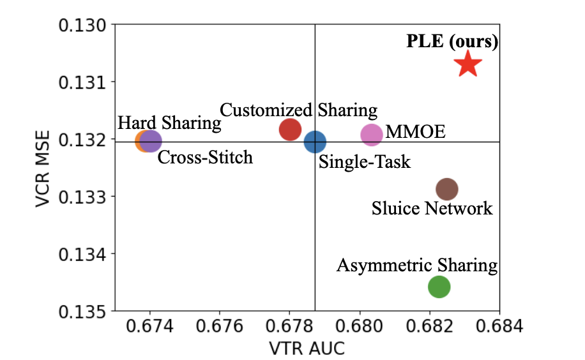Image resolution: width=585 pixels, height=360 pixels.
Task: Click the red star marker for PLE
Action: click(x=467, y=64)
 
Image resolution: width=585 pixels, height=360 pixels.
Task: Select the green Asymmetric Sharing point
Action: click(x=439, y=287)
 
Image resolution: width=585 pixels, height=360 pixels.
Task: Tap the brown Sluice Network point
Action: click(x=447, y=189)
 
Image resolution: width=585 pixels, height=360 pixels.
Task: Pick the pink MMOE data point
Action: click(x=372, y=134)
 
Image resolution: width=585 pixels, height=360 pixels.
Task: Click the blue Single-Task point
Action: click(x=315, y=142)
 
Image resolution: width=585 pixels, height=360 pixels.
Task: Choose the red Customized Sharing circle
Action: click(x=290, y=129)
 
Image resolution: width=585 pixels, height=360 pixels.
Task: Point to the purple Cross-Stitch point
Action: click(x=151, y=140)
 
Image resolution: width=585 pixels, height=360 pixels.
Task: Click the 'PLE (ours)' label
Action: click(x=452, y=42)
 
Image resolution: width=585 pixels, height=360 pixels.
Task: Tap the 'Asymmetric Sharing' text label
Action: click(x=416, y=265)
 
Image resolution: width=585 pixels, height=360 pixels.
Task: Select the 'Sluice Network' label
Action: click(x=432, y=208)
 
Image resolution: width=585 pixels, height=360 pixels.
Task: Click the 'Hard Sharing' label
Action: click(x=169, y=123)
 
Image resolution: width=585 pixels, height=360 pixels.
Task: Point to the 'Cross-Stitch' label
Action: click(x=205, y=157)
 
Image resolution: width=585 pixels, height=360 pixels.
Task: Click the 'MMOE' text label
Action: click(x=415, y=133)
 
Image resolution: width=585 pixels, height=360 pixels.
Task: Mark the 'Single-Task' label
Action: click(x=364, y=162)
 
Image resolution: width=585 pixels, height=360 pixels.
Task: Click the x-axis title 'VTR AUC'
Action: click(x=307, y=349)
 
